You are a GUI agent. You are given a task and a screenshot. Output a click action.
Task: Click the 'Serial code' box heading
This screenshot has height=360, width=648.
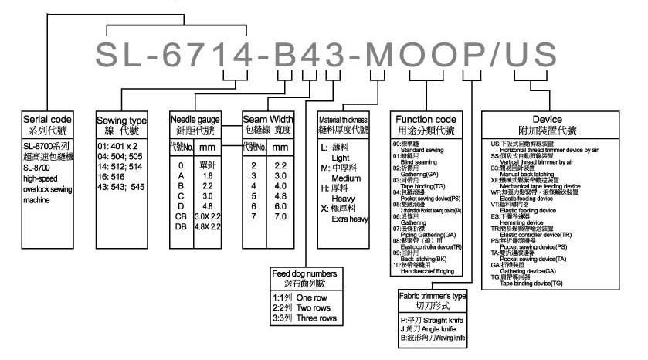[x=49, y=121]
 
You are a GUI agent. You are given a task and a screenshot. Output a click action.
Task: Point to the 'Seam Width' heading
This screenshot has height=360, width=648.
[x=267, y=120]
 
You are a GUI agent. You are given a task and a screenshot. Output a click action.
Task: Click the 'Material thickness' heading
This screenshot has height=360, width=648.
[x=347, y=121]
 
